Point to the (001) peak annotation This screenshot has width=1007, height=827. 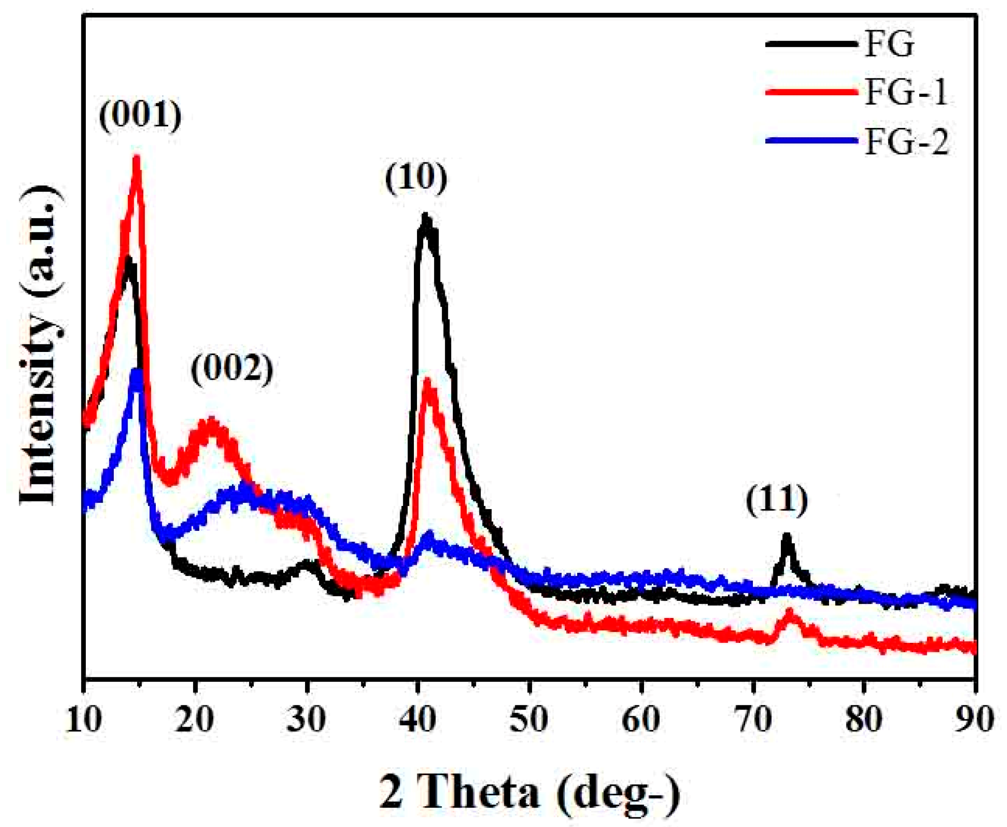click(140, 116)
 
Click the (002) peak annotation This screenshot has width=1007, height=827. click(232, 369)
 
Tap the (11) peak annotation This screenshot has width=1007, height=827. click(777, 501)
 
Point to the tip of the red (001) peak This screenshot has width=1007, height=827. click(137, 158)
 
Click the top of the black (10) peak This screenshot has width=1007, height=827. click(425, 217)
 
